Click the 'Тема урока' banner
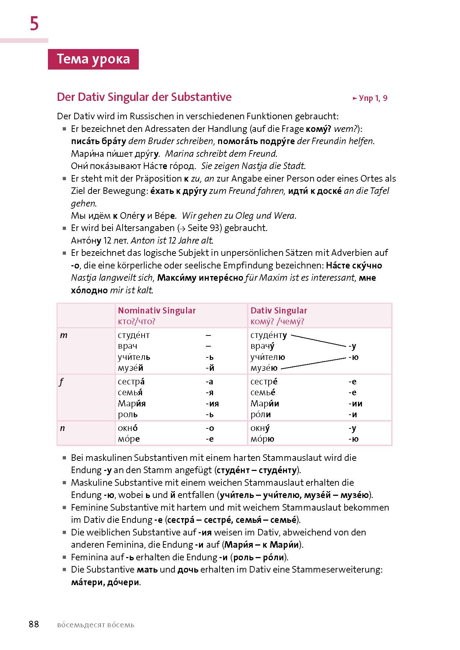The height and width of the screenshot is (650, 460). click(x=93, y=59)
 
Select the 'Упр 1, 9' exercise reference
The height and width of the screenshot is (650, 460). click(x=370, y=98)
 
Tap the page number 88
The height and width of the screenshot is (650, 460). click(x=34, y=624)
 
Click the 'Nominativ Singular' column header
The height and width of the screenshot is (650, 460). click(x=156, y=311)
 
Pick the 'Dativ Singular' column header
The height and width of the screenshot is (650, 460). click(x=279, y=311)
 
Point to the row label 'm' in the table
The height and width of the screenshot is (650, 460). click(x=64, y=335)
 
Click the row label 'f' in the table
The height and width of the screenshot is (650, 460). click(x=61, y=382)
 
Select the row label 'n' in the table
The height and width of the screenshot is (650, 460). click(x=62, y=428)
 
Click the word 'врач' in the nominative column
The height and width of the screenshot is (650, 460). click(x=127, y=346)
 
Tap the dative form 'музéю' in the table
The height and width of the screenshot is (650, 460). click(x=264, y=368)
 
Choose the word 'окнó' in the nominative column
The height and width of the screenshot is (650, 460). click(x=128, y=428)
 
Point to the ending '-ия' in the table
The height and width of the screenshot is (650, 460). click(x=212, y=404)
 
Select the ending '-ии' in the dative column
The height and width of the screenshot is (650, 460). click(x=355, y=404)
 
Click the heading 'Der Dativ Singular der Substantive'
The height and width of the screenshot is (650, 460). click(x=144, y=97)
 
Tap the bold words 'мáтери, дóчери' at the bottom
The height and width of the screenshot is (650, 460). click(x=105, y=582)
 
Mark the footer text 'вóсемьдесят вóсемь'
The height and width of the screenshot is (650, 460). click(x=96, y=625)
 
